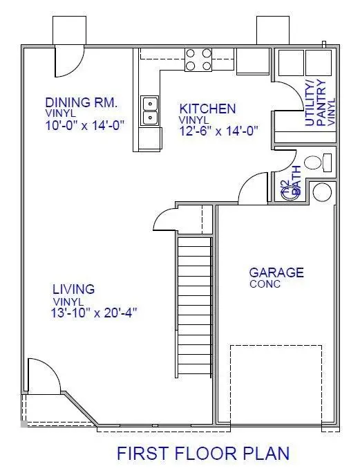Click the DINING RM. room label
(x=82, y=102)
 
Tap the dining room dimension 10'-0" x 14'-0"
(x=88, y=127)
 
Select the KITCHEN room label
(x=207, y=109)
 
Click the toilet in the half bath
(x=316, y=163)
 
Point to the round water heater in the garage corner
(x=322, y=192)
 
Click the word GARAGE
(x=276, y=272)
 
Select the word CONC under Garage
(x=265, y=284)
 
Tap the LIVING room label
(x=74, y=289)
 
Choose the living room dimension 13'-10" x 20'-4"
(x=95, y=313)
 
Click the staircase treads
(x=194, y=304)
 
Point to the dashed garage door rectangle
(x=276, y=384)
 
